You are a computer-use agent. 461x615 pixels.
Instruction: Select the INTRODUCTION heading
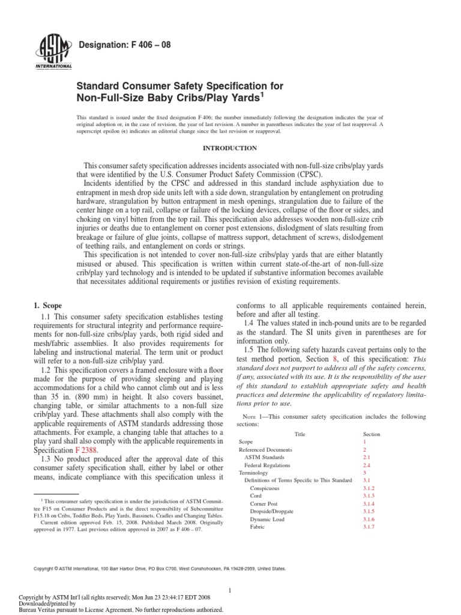tap(230, 148)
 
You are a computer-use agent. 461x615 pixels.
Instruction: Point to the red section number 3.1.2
tap(369, 488)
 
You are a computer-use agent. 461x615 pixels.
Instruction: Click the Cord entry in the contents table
tap(256, 495)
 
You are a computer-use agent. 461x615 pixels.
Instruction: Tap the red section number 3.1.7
tap(369, 527)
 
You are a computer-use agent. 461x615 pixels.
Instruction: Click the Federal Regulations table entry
tap(268, 465)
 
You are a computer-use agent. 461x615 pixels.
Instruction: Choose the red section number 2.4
tap(366, 465)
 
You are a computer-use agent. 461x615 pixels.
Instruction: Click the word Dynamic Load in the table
tap(267, 518)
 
